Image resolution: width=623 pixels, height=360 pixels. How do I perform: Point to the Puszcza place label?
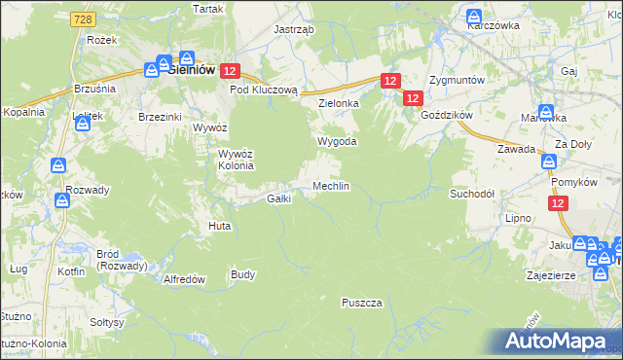[x=361, y=303]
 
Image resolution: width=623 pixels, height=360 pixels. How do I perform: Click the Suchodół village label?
[x=472, y=194]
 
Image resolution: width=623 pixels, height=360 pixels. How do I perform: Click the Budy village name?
[x=243, y=274]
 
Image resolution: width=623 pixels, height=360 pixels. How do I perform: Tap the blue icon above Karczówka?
[x=473, y=17]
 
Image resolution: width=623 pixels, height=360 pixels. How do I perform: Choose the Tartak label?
[x=208, y=8]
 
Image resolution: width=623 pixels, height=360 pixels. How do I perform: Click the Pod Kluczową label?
[x=263, y=89]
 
